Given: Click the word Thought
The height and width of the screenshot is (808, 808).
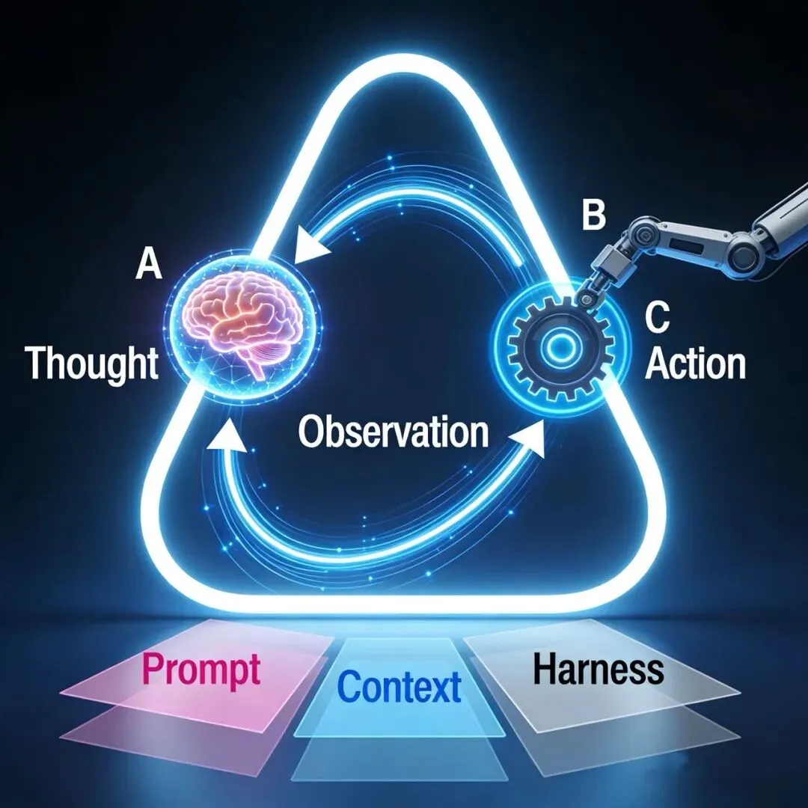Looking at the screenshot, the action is click(x=93, y=364).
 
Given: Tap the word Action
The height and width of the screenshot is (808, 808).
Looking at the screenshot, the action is click(x=696, y=364).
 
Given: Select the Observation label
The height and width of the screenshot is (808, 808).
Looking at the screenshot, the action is click(x=394, y=432).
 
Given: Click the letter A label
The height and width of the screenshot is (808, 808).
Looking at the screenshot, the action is click(x=148, y=266).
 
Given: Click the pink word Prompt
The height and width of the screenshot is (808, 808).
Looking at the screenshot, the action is click(x=201, y=669).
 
